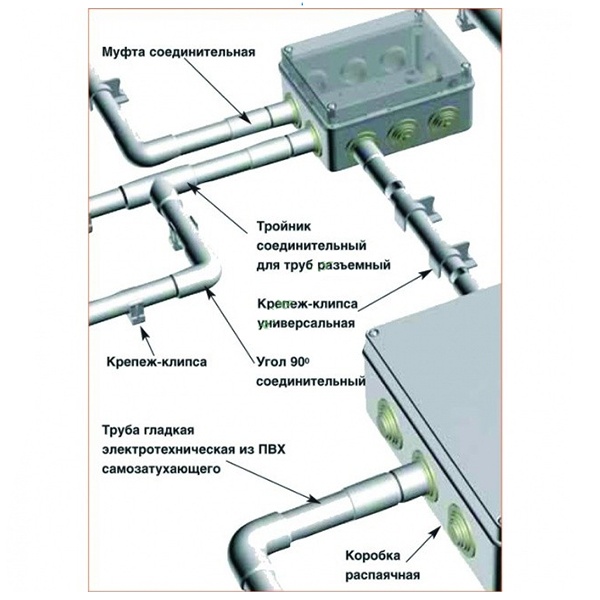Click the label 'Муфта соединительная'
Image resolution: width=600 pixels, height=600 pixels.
tap(178, 52)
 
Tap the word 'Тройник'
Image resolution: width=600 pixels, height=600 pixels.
tap(284, 226)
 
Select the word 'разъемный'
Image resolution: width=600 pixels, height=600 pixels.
tap(354, 265)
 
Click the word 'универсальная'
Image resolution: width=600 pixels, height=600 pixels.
tap(306, 323)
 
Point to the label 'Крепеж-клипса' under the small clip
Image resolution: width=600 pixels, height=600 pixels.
tap(157, 362)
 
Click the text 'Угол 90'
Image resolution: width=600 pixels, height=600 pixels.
tap(282, 362)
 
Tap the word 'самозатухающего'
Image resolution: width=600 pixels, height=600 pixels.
tap(161, 469)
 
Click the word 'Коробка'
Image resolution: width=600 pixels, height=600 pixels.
tap(373, 556)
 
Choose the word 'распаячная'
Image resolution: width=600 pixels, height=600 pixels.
tap(383, 575)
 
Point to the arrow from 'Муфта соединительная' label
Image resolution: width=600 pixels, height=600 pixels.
tap(220, 91)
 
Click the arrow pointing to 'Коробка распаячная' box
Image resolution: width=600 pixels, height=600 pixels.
tap(422, 545)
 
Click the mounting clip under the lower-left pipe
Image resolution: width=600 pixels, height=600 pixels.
tap(137, 314)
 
